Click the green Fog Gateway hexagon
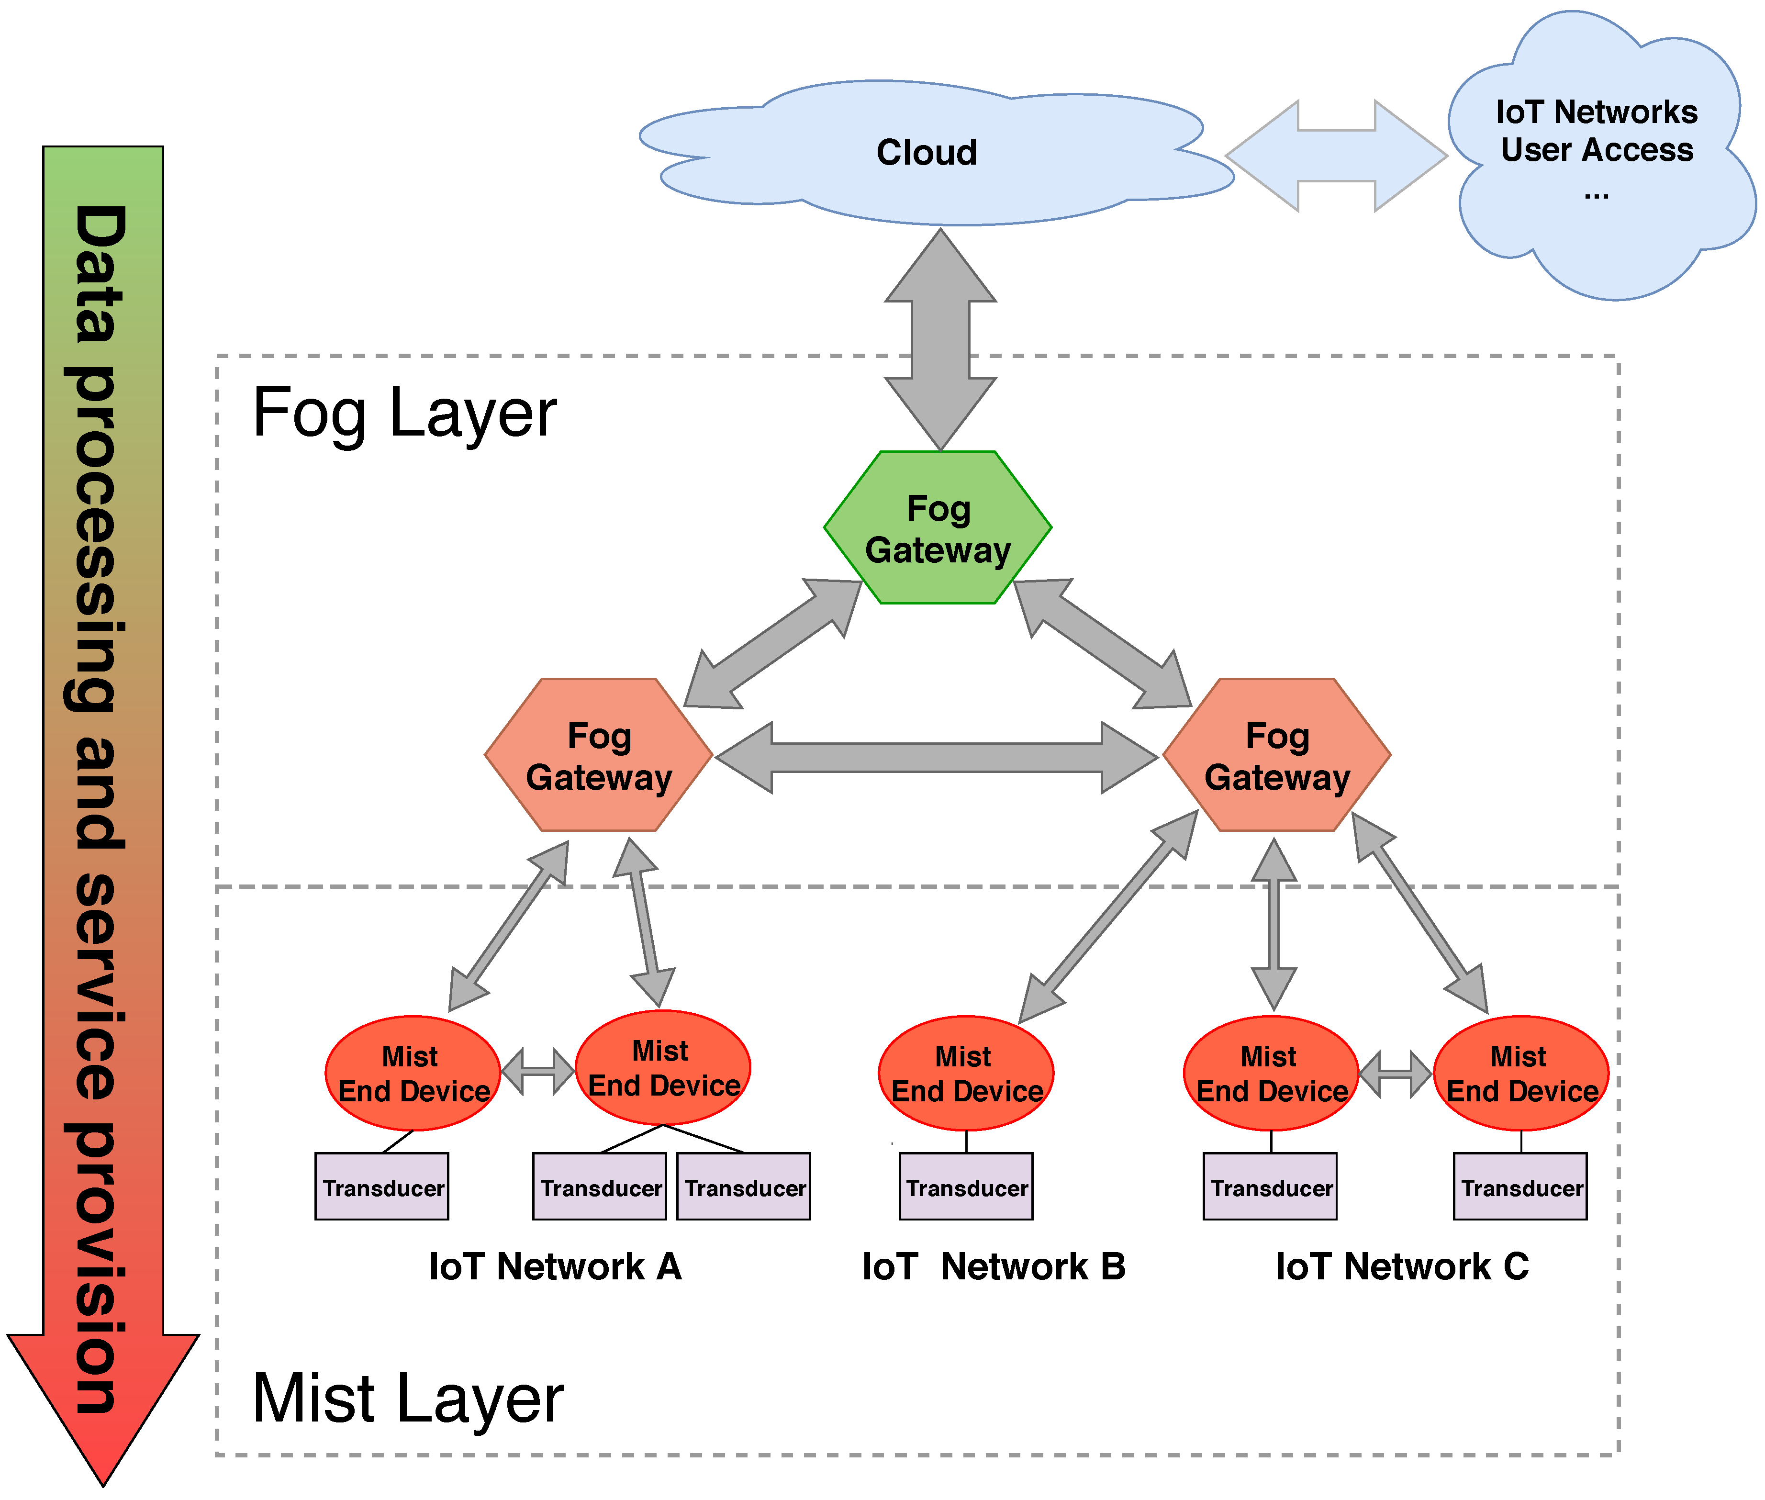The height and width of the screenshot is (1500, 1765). tap(937, 528)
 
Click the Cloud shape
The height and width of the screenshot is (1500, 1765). tap(927, 153)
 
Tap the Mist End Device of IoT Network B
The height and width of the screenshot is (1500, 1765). tap(966, 1073)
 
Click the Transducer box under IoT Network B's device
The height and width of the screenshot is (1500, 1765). tap(966, 1187)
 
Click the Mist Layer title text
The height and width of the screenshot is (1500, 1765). tap(408, 1399)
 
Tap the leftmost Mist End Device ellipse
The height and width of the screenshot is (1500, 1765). tap(413, 1073)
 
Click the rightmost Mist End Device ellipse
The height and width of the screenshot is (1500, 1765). tap(1521, 1073)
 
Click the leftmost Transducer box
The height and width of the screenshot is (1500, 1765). tap(382, 1187)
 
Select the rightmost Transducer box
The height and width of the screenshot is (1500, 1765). tap(1520, 1187)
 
